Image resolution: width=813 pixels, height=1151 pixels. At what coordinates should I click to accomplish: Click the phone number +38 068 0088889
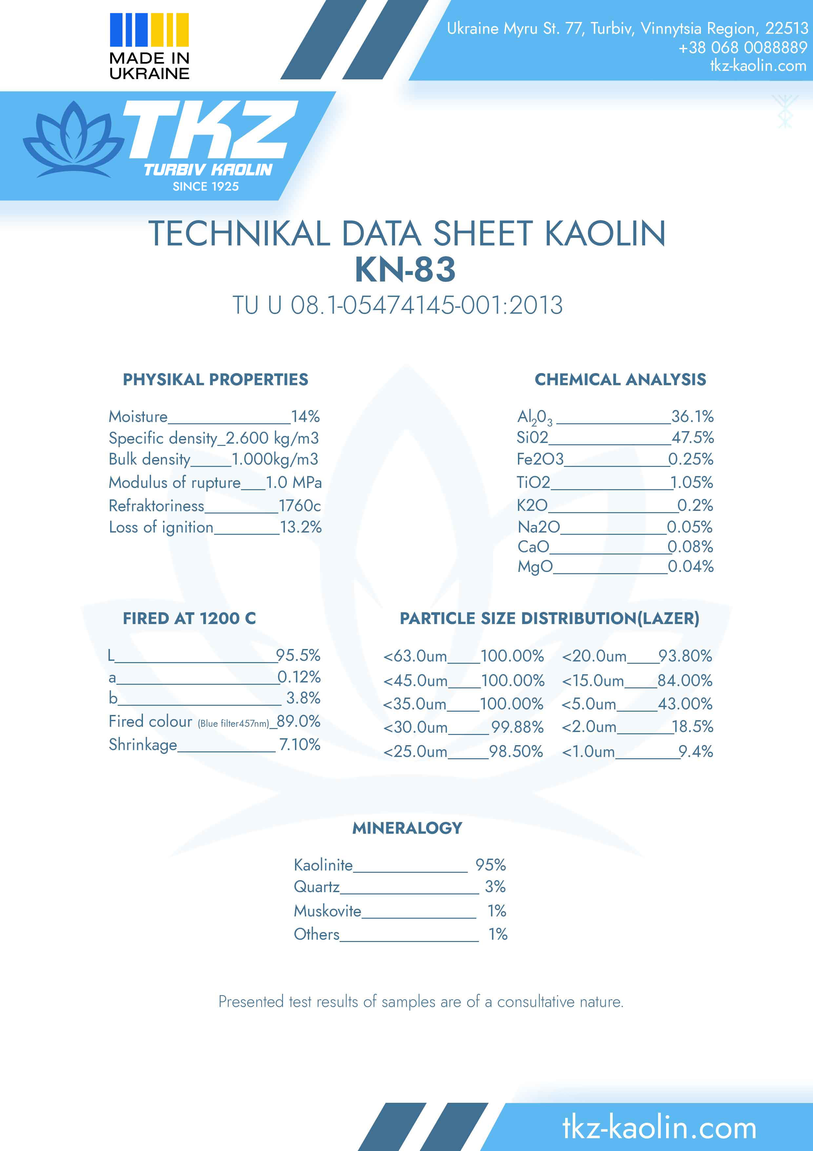click(743, 48)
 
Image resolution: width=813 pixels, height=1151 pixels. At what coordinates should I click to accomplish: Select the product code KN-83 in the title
click(405, 270)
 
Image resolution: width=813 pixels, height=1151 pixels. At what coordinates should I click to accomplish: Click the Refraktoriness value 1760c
click(300, 505)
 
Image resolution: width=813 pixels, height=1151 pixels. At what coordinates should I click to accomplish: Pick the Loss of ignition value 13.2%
click(301, 527)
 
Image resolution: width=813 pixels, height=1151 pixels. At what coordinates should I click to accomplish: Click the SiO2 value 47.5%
click(693, 437)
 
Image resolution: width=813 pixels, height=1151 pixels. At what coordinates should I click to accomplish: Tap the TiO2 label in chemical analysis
click(533, 482)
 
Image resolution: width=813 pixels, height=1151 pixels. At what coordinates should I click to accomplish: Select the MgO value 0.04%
click(691, 566)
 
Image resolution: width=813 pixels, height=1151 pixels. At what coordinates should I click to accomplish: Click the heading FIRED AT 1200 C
click(189, 618)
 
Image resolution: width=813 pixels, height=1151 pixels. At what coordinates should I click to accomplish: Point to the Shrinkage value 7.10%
click(300, 744)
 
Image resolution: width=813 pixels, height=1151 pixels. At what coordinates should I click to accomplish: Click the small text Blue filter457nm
click(233, 723)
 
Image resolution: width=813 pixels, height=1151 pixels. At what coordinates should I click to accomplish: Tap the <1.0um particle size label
click(588, 751)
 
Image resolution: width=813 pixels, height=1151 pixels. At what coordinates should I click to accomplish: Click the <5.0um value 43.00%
click(685, 704)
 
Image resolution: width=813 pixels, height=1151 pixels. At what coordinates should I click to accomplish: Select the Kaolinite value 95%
click(490, 865)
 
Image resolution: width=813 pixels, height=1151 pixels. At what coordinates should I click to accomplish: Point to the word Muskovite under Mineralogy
click(327, 910)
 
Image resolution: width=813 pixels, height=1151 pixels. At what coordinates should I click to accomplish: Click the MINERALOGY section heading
click(407, 828)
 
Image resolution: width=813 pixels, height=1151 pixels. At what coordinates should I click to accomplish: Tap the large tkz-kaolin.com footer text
click(659, 1127)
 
